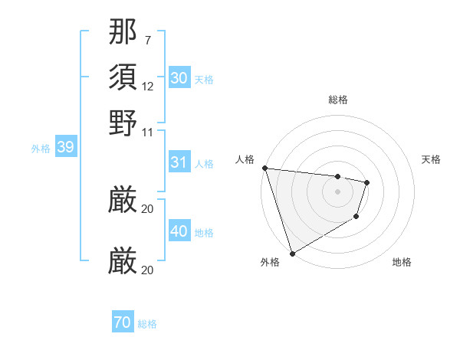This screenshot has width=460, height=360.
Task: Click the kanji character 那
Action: click(123, 33)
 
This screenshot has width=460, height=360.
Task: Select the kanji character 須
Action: click(123, 77)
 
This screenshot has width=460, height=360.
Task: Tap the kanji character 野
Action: click(123, 122)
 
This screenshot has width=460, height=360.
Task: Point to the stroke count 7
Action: click(148, 41)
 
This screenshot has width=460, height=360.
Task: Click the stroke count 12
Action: click(148, 87)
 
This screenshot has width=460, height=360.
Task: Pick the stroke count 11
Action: click(148, 131)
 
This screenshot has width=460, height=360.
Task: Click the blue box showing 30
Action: click(179, 78)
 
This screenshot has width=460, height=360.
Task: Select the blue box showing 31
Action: click(179, 162)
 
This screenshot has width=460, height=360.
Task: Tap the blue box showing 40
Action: click(179, 231)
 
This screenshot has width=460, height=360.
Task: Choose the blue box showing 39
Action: click(65, 148)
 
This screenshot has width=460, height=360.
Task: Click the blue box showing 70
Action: click(123, 322)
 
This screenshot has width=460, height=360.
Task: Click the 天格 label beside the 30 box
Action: click(204, 80)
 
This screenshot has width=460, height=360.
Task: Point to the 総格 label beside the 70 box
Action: click(147, 324)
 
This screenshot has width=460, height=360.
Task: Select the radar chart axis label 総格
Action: click(337, 100)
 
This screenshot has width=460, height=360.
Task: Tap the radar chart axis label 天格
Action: click(431, 159)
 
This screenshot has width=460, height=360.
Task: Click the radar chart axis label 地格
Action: click(402, 263)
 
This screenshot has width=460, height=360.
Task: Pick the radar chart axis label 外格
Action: click(270, 263)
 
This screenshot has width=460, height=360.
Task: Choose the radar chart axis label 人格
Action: click(245, 159)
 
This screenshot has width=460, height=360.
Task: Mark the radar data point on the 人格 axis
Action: click(264, 168)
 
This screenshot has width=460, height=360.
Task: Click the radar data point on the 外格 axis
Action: click(292, 253)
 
